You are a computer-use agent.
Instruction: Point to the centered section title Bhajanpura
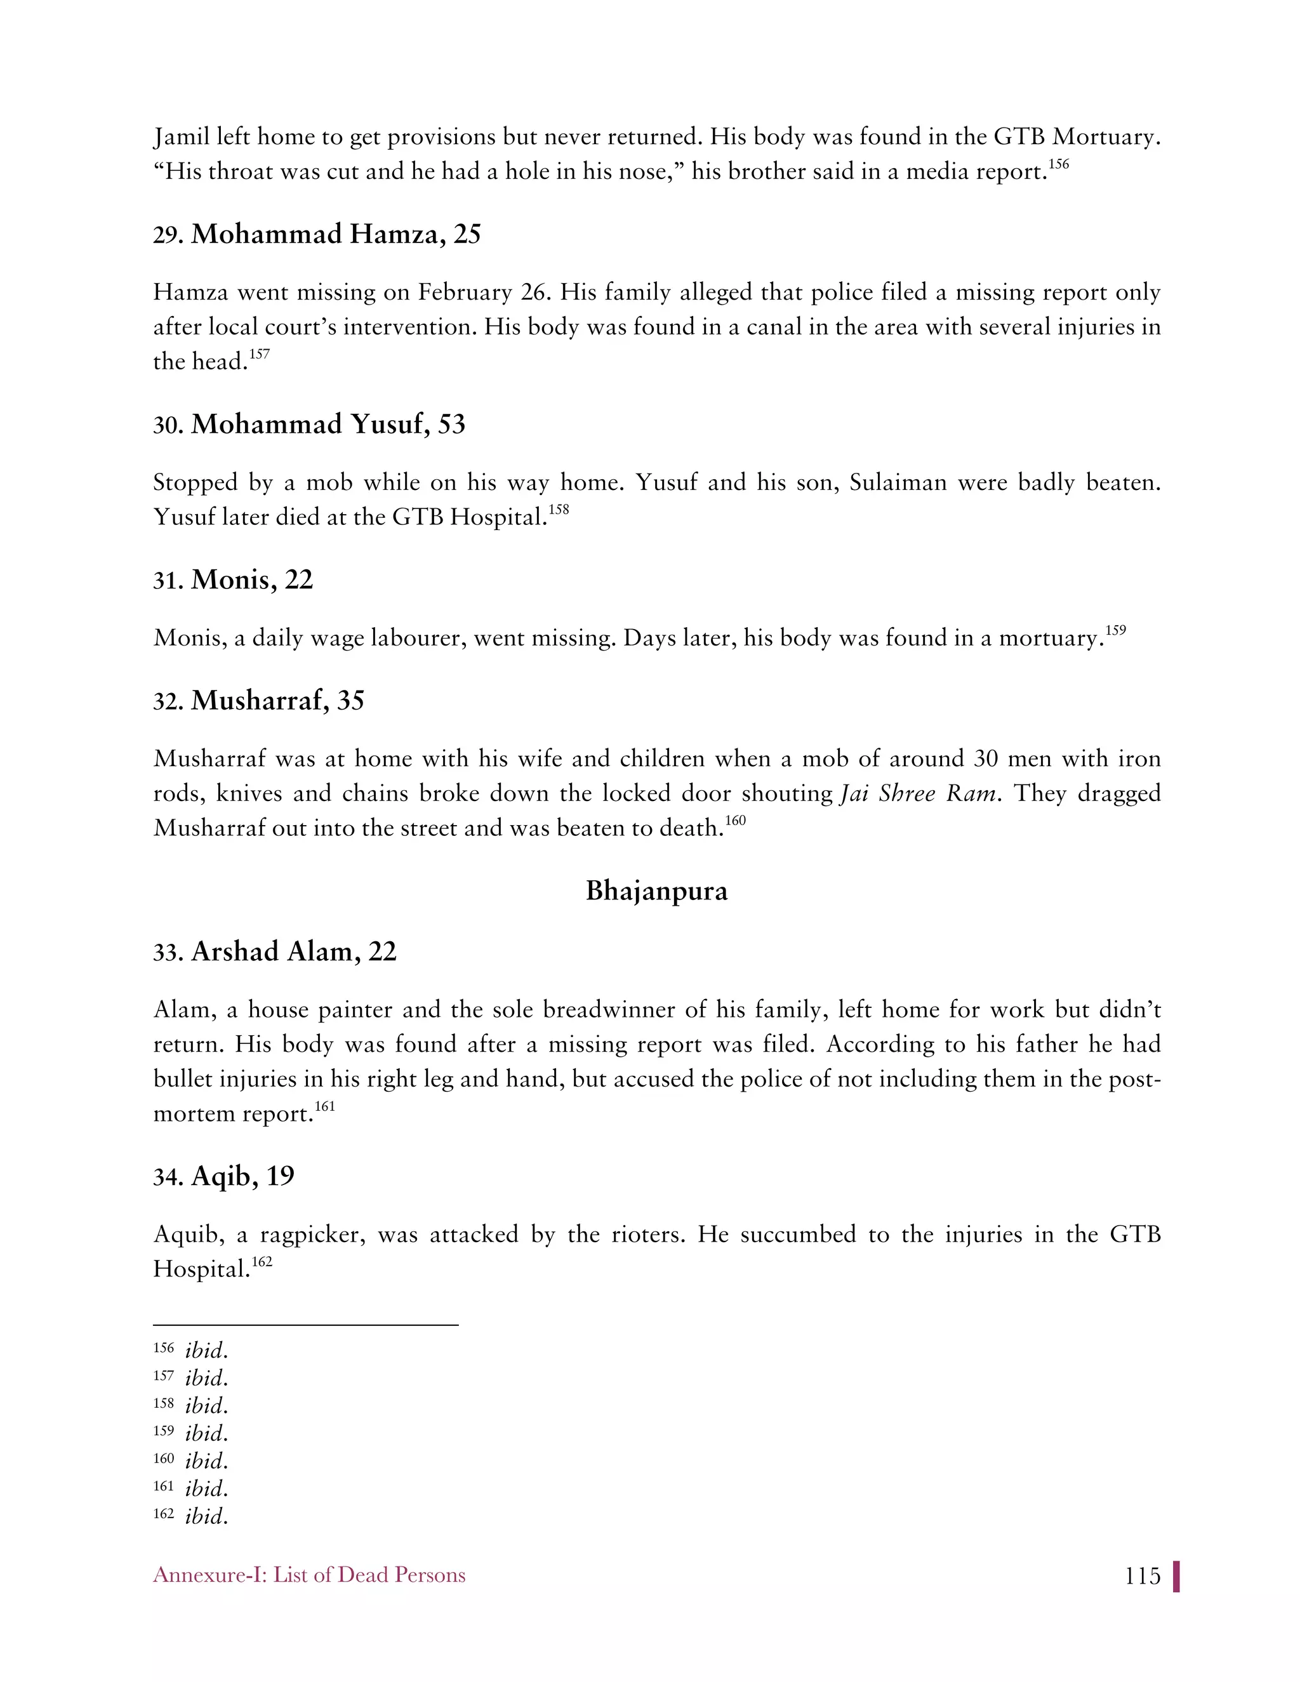(x=656, y=891)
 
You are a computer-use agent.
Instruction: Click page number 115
(x=1141, y=1576)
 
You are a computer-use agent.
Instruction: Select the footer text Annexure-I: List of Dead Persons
(x=309, y=1575)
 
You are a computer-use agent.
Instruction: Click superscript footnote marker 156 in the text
(x=1058, y=164)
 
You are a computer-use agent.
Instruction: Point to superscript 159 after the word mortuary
(x=1115, y=631)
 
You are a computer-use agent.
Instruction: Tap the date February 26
(x=484, y=293)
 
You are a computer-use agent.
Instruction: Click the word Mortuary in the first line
(x=1106, y=137)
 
